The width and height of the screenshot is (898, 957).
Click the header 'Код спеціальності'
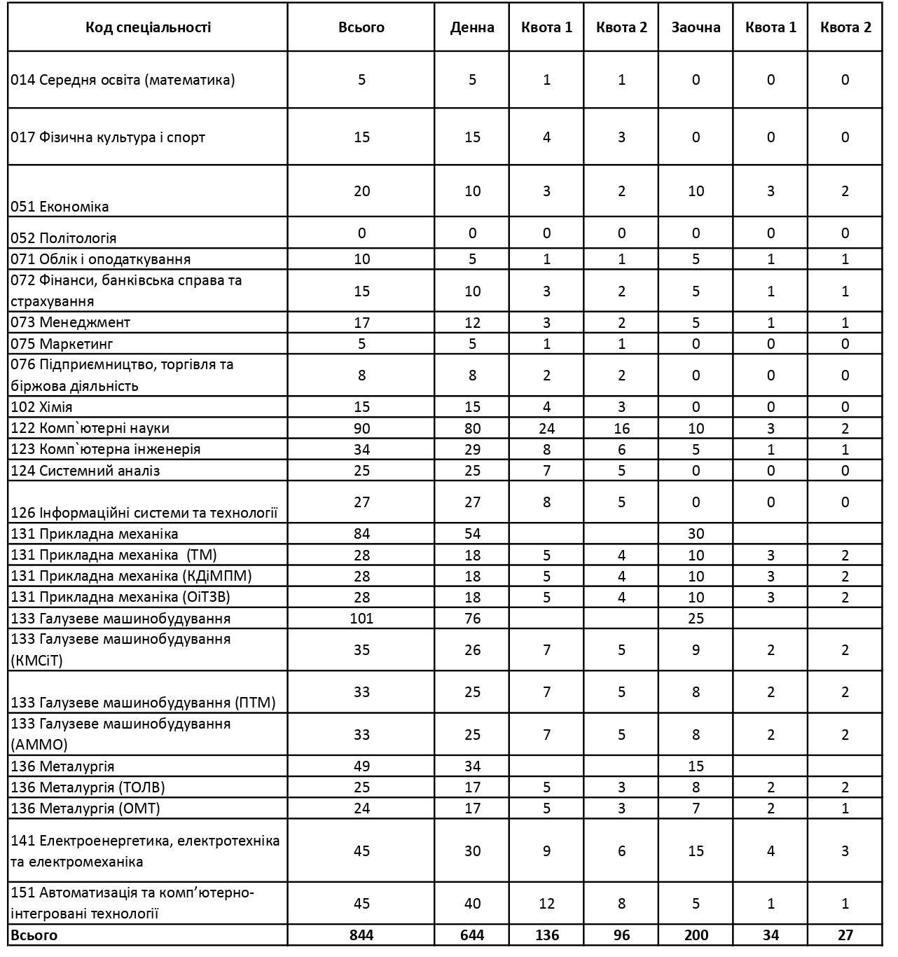(x=148, y=27)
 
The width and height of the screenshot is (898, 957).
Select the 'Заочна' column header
(x=696, y=27)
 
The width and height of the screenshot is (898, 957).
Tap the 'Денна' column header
(x=472, y=27)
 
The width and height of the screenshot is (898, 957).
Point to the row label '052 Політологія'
(x=64, y=237)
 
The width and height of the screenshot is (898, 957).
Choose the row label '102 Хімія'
(x=42, y=407)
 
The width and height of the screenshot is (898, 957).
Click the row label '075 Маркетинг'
(x=62, y=343)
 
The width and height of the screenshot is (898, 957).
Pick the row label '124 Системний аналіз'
(x=85, y=470)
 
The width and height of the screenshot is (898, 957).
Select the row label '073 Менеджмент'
(x=71, y=322)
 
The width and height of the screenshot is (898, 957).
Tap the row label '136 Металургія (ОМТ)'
(x=85, y=808)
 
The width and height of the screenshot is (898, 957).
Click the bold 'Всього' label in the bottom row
(x=34, y=935)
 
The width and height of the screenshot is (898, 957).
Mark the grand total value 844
(x=361, y=935)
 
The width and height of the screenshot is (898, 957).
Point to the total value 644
(x=472, y=935)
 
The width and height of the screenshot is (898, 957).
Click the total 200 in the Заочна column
(x=696, y=935)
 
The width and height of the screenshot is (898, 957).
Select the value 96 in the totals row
(x=621, y=935)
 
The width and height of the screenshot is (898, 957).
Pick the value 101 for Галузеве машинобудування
(x=361, y=618)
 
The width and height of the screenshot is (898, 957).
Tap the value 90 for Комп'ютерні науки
(x=361, y=428)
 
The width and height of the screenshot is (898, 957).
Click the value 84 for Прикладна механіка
(x=361, y=533)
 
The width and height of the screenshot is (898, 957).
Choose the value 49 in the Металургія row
(x=361, y=766)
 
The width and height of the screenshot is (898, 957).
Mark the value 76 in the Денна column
(x=472, y=618)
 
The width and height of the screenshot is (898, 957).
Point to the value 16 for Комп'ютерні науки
(x=621, y=428)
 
